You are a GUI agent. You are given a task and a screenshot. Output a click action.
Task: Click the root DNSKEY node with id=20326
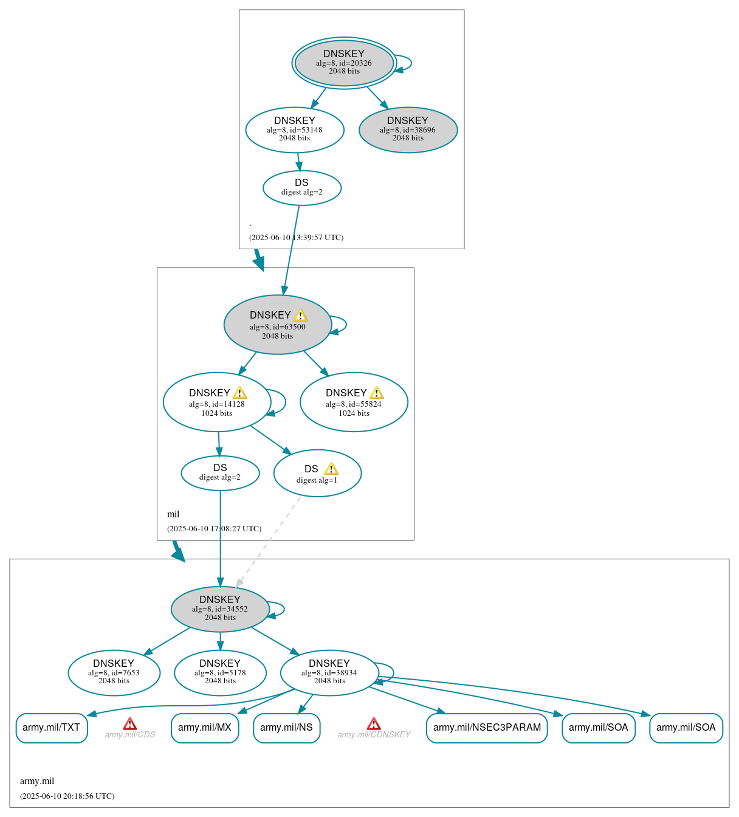click(x=344, y=63)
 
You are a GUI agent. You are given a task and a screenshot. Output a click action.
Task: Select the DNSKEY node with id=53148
click(x=295, y=129)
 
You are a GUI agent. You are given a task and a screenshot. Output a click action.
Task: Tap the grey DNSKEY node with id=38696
click(x=408, y=129)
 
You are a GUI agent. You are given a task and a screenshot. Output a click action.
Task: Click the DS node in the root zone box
click(x=302, y=187)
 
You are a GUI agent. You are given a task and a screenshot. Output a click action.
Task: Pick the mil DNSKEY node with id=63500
click(x=277, y=325)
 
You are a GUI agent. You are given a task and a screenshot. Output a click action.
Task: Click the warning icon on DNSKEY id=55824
click(x=377, y=393)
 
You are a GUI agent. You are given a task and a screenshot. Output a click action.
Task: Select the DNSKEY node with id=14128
click(x=217, y=402)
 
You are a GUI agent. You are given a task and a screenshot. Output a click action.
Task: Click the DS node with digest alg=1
click(x=317, y=474)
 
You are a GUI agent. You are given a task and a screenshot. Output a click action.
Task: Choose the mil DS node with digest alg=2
click(x=220, y=472)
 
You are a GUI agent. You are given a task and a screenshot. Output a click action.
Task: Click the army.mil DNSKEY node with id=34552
click(x=220, y=608)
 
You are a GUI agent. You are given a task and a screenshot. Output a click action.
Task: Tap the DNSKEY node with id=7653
click(x=114, y=672)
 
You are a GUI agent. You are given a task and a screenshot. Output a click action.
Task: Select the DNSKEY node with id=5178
click(x=220, y=672)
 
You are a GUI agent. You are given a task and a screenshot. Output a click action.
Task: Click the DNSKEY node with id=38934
click(x=329, y=672)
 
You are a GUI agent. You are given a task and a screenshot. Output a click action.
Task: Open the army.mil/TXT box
click(x=52, y=728)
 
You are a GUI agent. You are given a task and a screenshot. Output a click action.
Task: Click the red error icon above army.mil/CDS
click(x=129, y=723)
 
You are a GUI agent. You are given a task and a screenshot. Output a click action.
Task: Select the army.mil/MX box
click(x=205, y=728)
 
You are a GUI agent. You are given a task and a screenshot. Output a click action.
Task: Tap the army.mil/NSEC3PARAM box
click(x=487, y=728)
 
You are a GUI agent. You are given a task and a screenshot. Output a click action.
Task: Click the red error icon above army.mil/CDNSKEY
click(x=374, y=723)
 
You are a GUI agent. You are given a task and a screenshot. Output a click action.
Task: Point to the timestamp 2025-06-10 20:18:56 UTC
click(x=67, y=796)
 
